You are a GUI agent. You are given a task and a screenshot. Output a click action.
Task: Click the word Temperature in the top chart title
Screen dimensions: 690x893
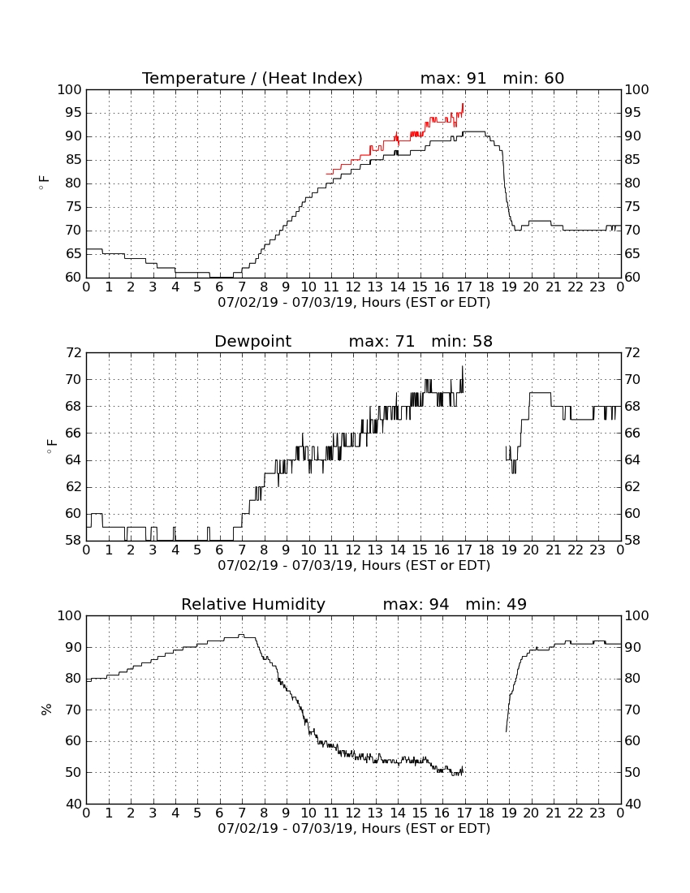tap(193, 78)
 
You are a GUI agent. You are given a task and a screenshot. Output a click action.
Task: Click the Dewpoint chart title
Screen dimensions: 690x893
tap(252, 342)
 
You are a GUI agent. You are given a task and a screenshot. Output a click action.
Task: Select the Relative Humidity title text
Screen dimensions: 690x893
tap(253, 604)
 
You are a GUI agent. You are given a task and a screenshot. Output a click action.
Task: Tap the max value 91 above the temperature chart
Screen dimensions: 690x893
tap(477, 78)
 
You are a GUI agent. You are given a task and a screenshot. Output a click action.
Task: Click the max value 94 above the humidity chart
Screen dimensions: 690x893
tap(439, 604)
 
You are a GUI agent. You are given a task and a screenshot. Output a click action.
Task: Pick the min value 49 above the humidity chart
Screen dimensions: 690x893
tap(516, 604)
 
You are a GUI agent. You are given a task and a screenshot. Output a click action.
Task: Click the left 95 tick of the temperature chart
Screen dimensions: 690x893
tap(73, 113)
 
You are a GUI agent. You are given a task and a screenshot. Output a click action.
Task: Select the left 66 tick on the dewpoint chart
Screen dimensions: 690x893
tap(73, 433)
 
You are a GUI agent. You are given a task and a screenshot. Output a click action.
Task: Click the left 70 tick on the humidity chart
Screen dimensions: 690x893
tap(73, 710)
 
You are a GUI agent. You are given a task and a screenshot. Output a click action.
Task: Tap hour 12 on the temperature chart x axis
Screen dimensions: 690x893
tap(353, 287)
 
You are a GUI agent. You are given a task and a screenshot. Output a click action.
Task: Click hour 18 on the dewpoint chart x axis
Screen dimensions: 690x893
tap(487, 550)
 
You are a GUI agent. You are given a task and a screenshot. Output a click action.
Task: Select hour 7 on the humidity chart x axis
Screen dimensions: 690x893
tap(242, 813)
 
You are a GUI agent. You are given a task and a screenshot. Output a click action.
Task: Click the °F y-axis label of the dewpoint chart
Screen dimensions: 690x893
tap(51, 446)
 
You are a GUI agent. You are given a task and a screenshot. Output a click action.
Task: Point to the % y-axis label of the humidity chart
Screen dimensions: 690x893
tap(47, 710)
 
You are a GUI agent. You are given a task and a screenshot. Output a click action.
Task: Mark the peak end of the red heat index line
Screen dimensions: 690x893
tap(464, 104)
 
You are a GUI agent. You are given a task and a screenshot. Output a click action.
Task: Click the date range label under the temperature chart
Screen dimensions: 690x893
tap(354, 303)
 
